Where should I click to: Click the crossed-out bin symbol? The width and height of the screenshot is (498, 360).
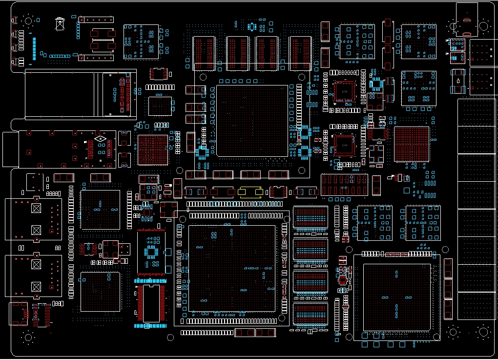(60, 24)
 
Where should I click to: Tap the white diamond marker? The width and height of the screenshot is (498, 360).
(101, 139)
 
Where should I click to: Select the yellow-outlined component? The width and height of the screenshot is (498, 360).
(250, 191)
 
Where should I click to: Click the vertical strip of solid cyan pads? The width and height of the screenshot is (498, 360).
(34, 49)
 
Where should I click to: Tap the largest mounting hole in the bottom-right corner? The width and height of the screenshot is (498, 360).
(483, 332)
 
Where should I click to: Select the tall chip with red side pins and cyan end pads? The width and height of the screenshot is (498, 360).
(151, 303)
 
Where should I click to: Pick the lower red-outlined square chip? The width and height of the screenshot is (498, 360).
(344, 145)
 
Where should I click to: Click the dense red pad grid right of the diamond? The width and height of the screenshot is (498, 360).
(153, 149)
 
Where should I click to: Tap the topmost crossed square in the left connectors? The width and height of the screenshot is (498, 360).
(36, 208)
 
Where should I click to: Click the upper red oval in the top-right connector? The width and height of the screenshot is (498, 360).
(467, 20)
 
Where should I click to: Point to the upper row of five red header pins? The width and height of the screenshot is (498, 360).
(96, 20)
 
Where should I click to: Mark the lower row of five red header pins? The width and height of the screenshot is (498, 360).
(96, 58)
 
